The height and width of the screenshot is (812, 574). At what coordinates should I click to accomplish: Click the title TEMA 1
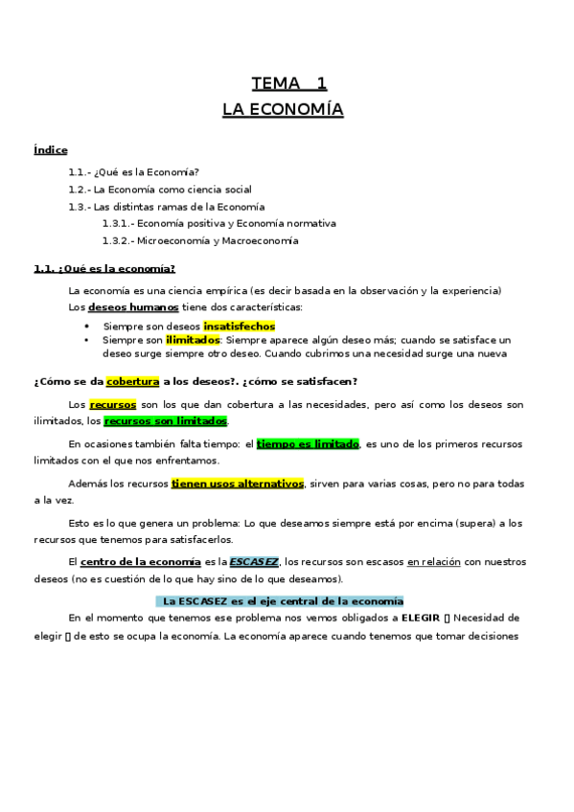pos(288,82)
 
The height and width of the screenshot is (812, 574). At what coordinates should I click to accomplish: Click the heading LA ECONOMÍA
pos(283,110)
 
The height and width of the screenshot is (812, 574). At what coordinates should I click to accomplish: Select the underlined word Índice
pos(50,150)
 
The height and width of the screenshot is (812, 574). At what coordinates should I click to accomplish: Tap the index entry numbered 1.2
pos(159,189)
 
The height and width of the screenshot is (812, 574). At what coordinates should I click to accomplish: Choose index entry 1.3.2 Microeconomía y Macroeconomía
pos(199,240)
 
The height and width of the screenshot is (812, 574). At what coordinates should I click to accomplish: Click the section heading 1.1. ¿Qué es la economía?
pos(103,268)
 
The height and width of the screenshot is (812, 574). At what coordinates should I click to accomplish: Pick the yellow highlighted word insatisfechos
pos(239,326)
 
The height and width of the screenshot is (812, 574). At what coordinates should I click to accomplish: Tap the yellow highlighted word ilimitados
pos(193,339)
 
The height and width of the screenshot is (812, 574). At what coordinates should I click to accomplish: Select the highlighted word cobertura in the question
pos(132,380)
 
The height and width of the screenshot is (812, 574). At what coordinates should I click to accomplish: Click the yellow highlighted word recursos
pos(113,404)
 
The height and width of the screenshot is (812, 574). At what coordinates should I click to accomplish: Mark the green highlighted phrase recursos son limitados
pos(166,420)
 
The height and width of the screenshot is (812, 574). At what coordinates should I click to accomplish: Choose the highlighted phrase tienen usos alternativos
pos(237,484)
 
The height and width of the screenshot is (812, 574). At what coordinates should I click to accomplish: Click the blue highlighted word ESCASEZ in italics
pos(254,563)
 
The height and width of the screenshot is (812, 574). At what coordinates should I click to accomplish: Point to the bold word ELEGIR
pos(425,619)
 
